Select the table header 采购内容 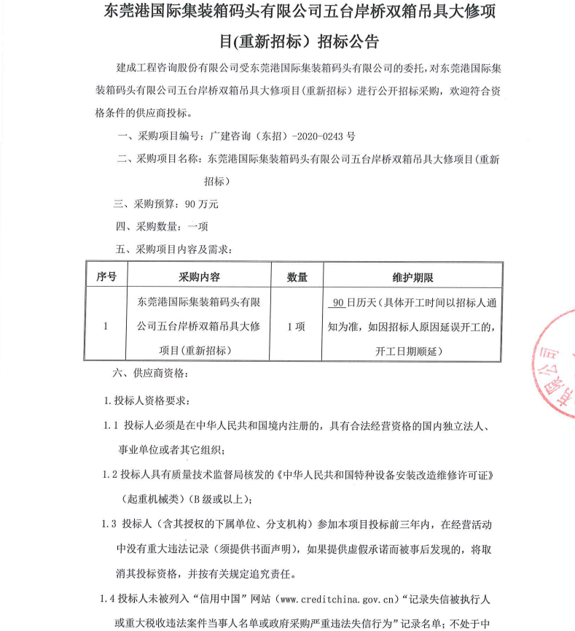pyautogui.click(x=199, y=276)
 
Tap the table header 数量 pyautogui.click(x=297, y=276)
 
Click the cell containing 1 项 pyautogui.click(x=297, y=326)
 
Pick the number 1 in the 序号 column pyautogui.click(x=106, y=326)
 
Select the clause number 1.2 pyautogui.click(x=111, y=475)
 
